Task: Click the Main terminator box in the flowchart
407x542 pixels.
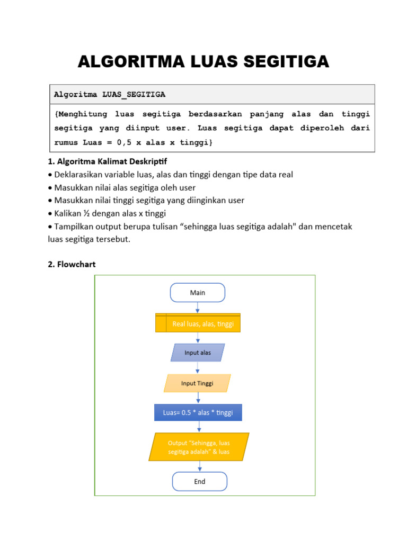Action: click(x=197, y=293)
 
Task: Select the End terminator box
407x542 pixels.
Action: click(x=199, y=482)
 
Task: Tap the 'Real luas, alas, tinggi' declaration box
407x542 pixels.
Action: click(x=198, y=323)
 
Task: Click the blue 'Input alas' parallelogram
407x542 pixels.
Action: click(x=198, y=353)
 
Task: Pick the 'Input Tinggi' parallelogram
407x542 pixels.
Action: click(x=197, y=383)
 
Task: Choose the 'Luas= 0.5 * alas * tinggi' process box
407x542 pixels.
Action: click(x=198, y=413)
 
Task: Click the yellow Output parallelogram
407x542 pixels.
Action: click(x=199, y=447)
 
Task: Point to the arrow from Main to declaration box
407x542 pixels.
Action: click(x=198, y=308)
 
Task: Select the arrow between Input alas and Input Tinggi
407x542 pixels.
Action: click(x=198, y=368)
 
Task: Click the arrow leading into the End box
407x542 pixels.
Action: click(x=200, y=466)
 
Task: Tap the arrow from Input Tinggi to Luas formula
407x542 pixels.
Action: click(x=198, y=398)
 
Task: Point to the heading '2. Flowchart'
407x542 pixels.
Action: click(x=72, y=264)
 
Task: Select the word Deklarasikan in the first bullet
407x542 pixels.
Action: click(x=79, y=174)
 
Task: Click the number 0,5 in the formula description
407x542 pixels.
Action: click(x=123, y=143)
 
